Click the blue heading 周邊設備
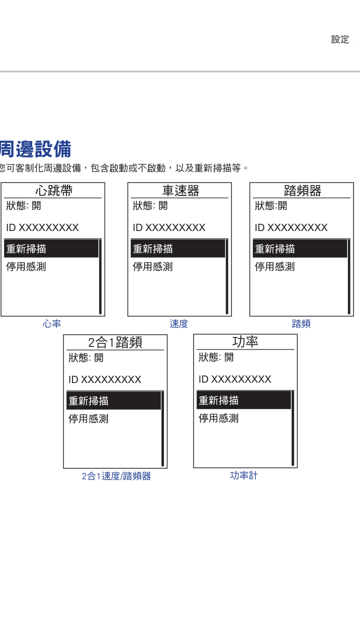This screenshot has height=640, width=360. [x=35, y=149]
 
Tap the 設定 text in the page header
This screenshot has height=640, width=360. [x=340, y=39]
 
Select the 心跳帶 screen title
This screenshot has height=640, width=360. [x=53, y=190]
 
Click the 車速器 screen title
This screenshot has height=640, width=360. [x=180, y=190]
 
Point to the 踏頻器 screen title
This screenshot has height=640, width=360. [x=302, y=190]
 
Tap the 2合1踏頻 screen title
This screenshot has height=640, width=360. [x=115, y=342]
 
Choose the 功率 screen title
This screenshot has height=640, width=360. [x=245, y=341]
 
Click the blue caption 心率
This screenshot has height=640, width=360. [x=51, y=323]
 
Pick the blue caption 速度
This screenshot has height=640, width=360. [x=179, y=323]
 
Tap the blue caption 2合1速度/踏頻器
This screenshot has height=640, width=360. [x=116, y=476]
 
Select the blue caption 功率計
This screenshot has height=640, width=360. [x=243, y=475]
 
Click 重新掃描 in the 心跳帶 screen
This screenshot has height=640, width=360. [x=26, y=249]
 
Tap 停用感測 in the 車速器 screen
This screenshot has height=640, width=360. [x=153, y=267]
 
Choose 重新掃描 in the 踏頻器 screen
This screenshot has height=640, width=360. [x=275, y=249]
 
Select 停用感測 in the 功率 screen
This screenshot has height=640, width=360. [x=218, y=418]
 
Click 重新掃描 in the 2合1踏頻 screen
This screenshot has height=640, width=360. [x=88, y=401]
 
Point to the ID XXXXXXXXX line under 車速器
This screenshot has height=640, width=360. [x=169, y=227]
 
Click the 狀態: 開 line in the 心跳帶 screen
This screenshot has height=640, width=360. [x=23, y=205]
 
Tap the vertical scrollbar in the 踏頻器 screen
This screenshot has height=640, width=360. [x=349, y=277]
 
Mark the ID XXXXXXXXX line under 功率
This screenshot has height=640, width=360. [x=235, y=379]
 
